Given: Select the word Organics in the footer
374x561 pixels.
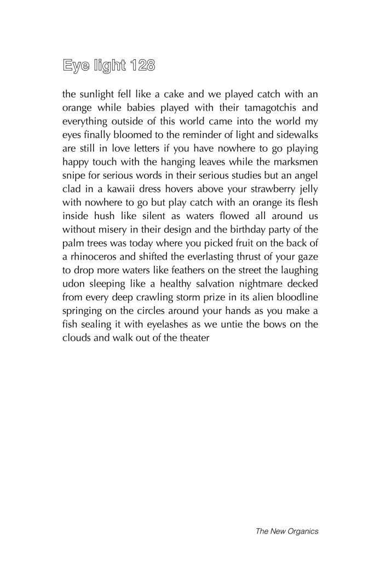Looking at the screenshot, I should click(300, 531).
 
